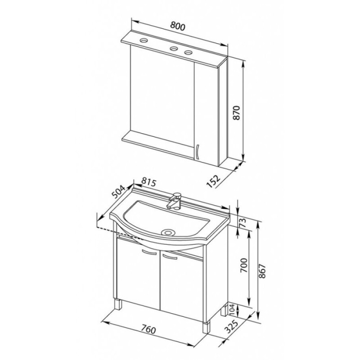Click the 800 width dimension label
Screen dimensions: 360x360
pos(177,27)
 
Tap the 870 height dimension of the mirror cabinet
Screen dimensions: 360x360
pos(236,112)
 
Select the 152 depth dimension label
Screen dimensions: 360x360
pos(213,181)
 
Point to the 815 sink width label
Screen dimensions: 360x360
pos(148,183)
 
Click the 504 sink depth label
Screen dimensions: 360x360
pos(118,192)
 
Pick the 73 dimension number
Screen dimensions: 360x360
pos(243,222)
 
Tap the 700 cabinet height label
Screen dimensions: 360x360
pos(244,265)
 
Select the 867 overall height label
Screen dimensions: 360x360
pos(261,271)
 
